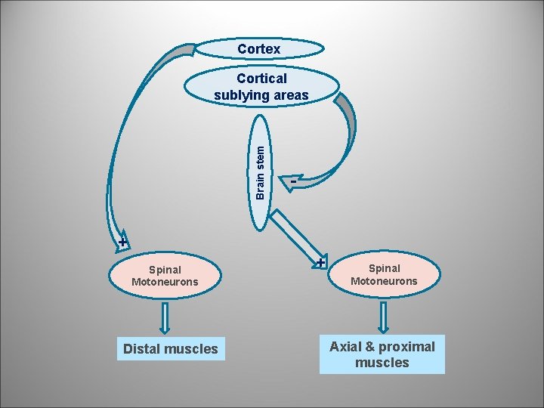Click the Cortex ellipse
(259, 49)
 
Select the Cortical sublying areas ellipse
(261, 87)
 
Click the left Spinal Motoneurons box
(165, 276)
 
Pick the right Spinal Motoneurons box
(384, 275)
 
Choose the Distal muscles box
(170, 349)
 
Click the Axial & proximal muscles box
(382, 354)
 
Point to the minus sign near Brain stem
(292, 180)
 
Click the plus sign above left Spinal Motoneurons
(122, 243)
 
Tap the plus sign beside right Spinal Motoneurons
(320, 263)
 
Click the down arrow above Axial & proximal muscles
(384, 316)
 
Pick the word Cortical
(261, 79)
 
